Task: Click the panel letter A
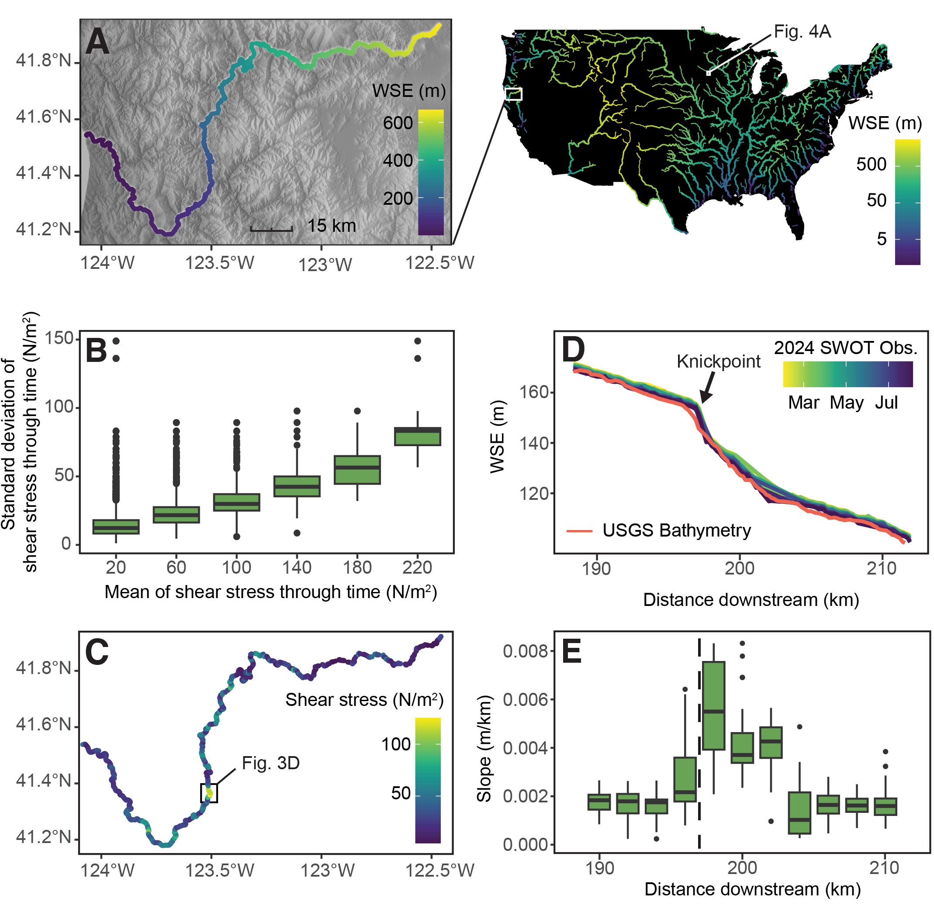(97, 42)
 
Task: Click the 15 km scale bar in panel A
(271, 230)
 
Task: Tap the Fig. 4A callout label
(802, 32)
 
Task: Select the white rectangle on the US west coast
(513, 94)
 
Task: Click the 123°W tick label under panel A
(325, 265)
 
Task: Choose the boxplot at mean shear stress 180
(357, 470)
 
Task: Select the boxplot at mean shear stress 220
(418, 436)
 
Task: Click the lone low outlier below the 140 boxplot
(297, 533)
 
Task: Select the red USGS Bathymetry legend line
(579, 530)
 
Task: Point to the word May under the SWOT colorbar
(846, 403)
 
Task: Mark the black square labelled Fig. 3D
(209, 793)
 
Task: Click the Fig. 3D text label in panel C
(271, 763)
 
